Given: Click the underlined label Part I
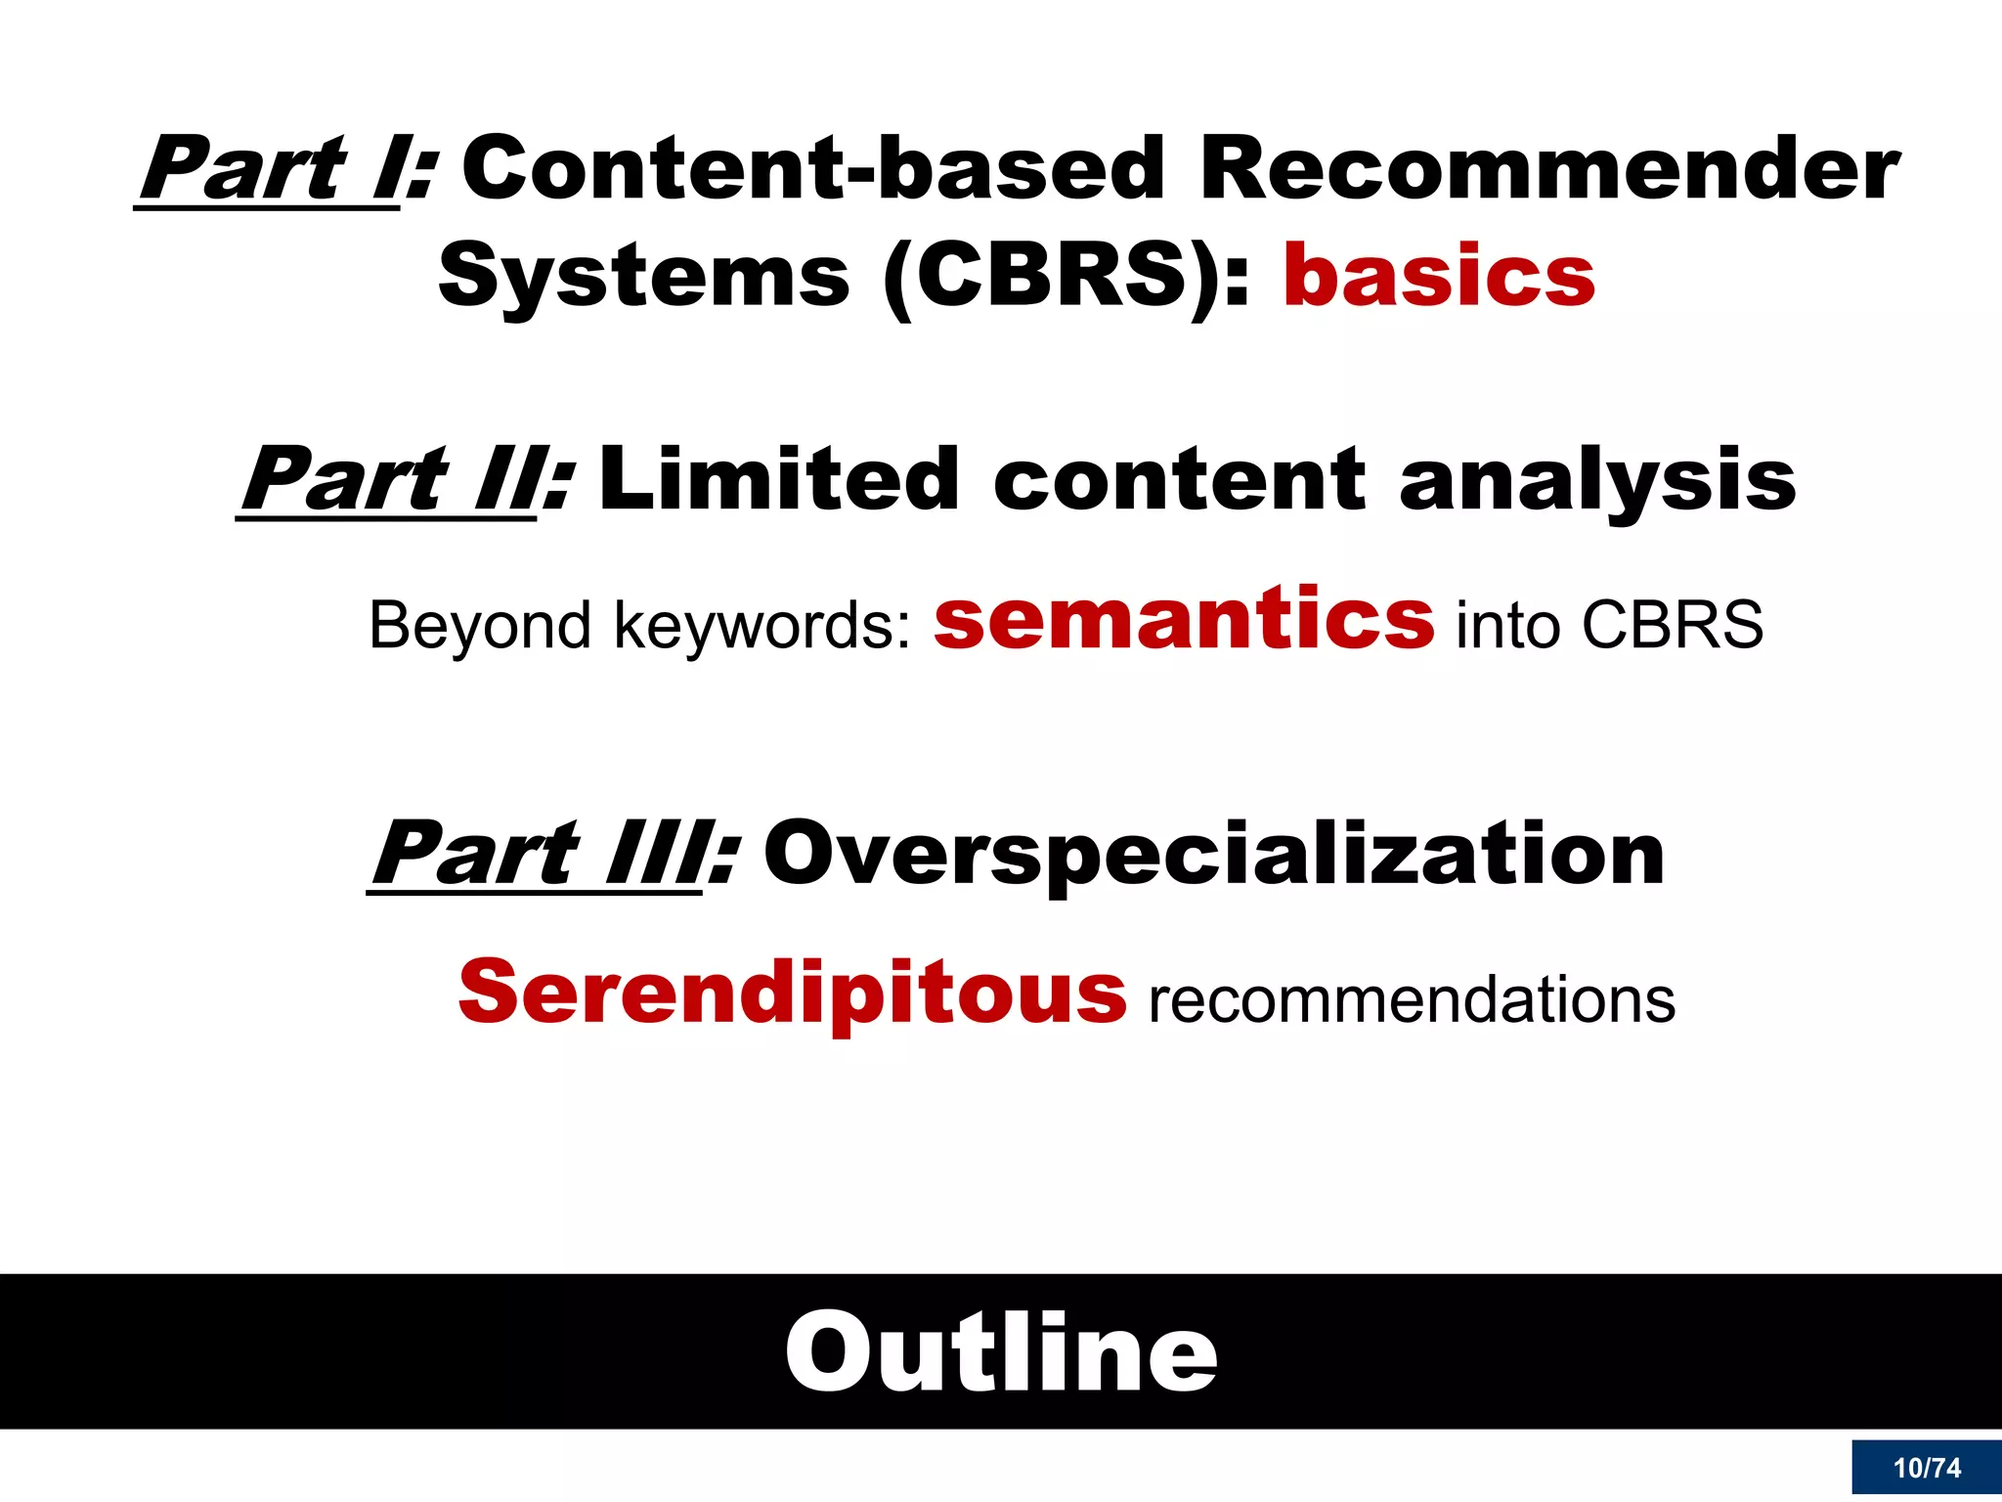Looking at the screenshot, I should pyautogui.click(x=269, y=170).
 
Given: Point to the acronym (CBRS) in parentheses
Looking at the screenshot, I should pyautogui.click(x=1052, y=277).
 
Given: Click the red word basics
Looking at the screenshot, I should pyautogui.click(x=1439, y=277).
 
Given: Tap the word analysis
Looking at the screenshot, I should pyautogui.click(x=1597, y=481).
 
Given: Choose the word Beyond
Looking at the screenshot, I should pyautogui.click(x=479, y=626).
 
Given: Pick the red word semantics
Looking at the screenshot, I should pyautogui.click(x=1184, y=620).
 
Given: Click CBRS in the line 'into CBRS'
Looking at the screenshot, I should pyautogui.click(x=1673, y=626).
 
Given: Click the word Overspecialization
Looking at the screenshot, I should pyautogui.click(x=1213, y=855).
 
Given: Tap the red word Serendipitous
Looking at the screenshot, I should pyautogui.click(x=792, y=994).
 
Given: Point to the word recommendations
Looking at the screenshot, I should pyautogui.click(x=1412, y=1001).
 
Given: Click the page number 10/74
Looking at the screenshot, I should pyautogui.click(x=1926, y=1468).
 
